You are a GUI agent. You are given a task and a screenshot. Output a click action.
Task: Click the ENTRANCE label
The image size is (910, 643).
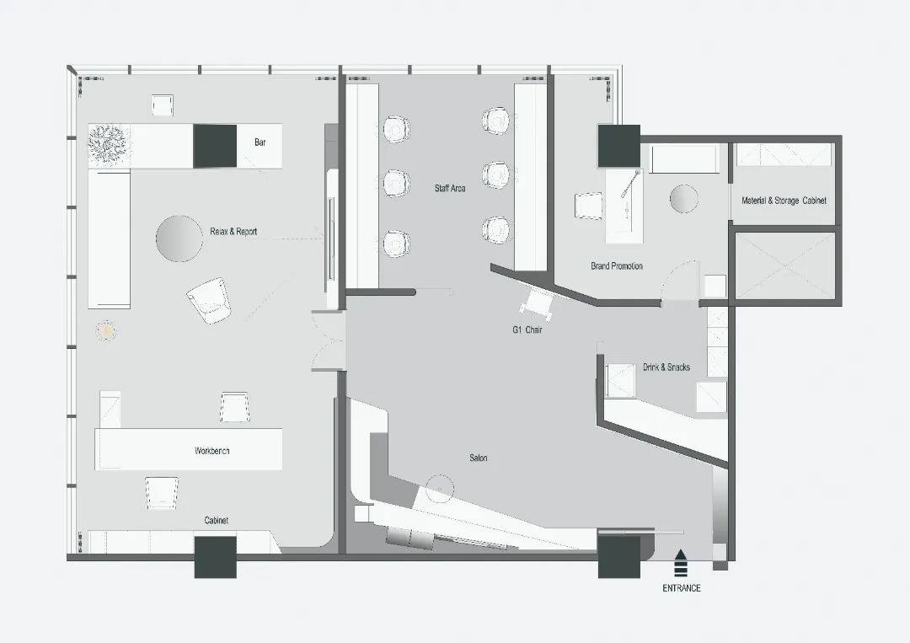pyautogui.click(x=682, y=588)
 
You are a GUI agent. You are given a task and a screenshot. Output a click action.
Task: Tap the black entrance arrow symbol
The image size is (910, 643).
pyautogui.click(x=681, y=561)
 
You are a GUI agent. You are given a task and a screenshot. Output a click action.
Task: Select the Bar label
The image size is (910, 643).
pyautogui.click(x=260, y=142)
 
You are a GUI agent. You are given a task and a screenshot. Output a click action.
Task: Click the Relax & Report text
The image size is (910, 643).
pyautogui.click(x=233, y=232)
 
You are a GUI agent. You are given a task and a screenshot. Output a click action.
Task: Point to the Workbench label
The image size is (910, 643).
pyautogui.click(x=211, y=451)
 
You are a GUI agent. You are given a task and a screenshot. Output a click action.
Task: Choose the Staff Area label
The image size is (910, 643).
pyautogui.click(x=450, y=188)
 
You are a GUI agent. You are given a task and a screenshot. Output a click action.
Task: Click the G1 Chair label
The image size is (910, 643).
pyautogui.click(x=527, y=330)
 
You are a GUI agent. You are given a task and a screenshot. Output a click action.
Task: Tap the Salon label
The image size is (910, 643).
pyautogui.click(x=479, y=458)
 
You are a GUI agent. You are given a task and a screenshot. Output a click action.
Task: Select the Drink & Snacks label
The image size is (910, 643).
pyautogui.click(x=666, y=367)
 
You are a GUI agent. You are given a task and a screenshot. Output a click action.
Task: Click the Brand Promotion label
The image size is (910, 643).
pyautogui.click(x=617, y=265)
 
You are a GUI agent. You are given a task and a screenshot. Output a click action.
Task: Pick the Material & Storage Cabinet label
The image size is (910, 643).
pyautogui.click(x=784, y=201)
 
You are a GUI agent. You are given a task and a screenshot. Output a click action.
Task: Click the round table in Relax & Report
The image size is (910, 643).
pyautogui.click(x=179, y=238)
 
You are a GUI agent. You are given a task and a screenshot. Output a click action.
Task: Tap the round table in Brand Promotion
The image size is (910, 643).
pyautogui.click(x=684, y=199)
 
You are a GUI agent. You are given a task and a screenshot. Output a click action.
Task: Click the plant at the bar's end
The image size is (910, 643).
pyautogui.click(x=110, y=144)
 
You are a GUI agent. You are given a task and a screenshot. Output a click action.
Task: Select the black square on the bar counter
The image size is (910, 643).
pyautogui.click(x=215, y=146)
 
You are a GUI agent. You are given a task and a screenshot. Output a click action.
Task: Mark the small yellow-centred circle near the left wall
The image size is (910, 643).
pyautogui.click(x=106, y=331)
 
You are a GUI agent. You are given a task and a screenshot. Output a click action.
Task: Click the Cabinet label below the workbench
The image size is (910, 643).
pyautogui.click(x=216, y=521)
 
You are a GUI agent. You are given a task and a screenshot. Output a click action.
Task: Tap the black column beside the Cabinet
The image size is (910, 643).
pyautogui.click(x=216, y=557)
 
